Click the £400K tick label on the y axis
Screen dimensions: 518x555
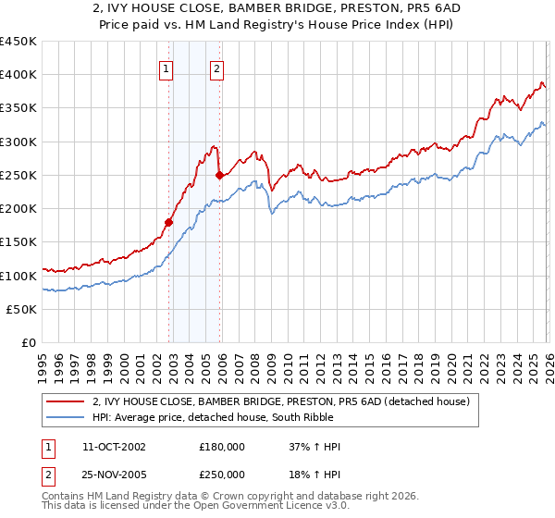point(18,75)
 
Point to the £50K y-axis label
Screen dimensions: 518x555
point(21,309)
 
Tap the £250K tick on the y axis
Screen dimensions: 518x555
point(18,175)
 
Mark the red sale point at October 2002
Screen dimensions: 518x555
point(169,222)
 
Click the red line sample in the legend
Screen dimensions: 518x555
point(67,401)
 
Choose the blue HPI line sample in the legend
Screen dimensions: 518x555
point(67,417)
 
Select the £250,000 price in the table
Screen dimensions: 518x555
point(222,475)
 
